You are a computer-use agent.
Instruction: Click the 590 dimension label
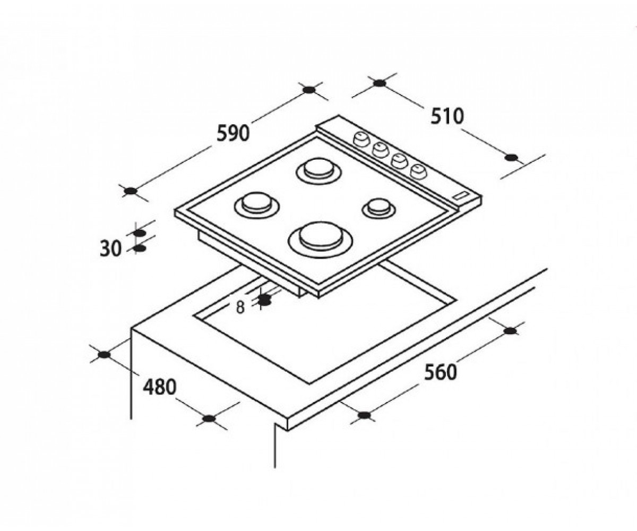233,134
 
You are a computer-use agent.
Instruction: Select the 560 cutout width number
441,372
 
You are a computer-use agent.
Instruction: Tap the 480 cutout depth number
160,387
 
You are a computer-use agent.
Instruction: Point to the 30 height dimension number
110,249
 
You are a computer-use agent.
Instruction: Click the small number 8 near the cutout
240,307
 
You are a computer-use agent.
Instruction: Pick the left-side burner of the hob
257,205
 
